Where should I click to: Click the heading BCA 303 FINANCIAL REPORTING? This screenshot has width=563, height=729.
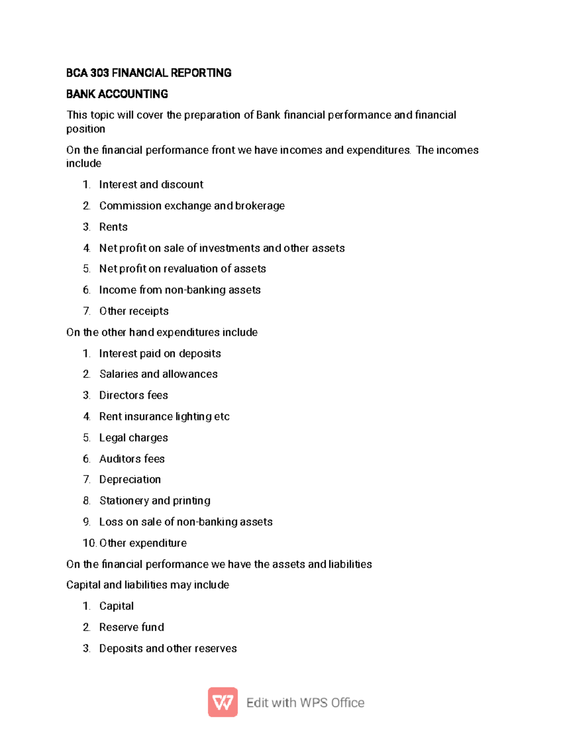[149, 73]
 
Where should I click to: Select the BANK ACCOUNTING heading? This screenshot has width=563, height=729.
[117, 94]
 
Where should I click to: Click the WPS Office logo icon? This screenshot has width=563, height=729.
[223, 702]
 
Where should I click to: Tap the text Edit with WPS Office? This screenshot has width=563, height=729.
[305, 703]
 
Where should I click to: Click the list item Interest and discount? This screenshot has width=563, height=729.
[151, 184]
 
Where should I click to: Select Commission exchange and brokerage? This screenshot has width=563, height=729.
[192, 206]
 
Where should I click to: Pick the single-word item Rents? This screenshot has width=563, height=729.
[114, 227]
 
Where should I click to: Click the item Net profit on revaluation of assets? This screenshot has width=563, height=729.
[183, 269]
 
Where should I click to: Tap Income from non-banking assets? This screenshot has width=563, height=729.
[180, 290]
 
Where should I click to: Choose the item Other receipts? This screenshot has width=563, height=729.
[134, 311]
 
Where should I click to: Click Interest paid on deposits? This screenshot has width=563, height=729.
[160, 353]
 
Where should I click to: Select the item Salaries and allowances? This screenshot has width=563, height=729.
[159, 374]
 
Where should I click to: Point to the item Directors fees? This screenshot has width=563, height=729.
[134, 395]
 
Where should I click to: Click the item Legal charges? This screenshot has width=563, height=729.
[134, 437]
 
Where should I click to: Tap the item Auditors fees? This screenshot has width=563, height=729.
[132, 459]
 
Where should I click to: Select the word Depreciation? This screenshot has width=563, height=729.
[130, 479]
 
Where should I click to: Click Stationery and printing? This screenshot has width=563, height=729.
[155, 500]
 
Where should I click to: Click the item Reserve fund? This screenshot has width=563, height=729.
[132, 627]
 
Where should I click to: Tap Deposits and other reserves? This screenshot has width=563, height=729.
[168, 648]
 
